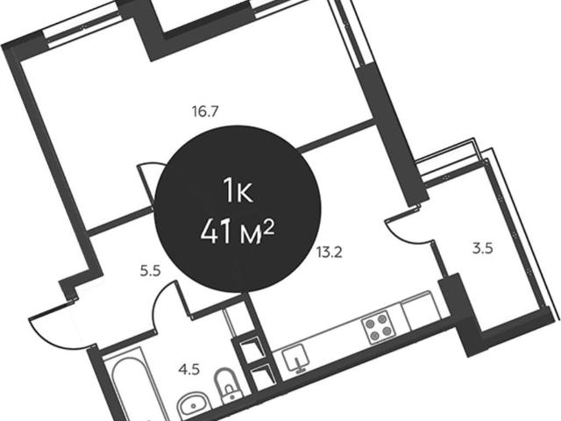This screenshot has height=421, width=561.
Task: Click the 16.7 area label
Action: (205, 112)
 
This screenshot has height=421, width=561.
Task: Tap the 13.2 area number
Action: (329, 253)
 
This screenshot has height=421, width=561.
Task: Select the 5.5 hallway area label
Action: (150, 271)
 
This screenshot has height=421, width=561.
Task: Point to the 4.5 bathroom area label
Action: (189, 369)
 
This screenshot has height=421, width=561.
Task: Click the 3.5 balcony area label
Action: (483, 248)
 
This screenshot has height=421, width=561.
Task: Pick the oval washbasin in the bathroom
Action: (192, 405)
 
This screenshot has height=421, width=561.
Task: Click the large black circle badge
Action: (238, 209)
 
